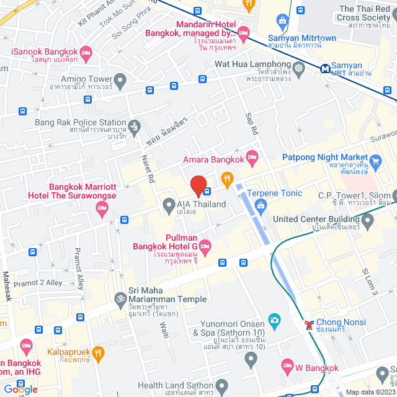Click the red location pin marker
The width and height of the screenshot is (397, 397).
[x=198, y=186]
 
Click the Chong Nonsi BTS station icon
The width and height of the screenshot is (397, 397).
[x=308, y=324]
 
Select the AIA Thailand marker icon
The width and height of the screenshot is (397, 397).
[x=168, y=204]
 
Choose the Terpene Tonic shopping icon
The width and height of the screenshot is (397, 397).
[x=261, y=205]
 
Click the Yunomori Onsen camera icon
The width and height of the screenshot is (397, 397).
[x=274, y=320]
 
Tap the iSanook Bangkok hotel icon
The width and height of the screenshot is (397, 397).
[x=86, y=51]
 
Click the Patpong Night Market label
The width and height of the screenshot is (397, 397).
[x=323, y=158]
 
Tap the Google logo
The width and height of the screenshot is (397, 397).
[x=20, y=389]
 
